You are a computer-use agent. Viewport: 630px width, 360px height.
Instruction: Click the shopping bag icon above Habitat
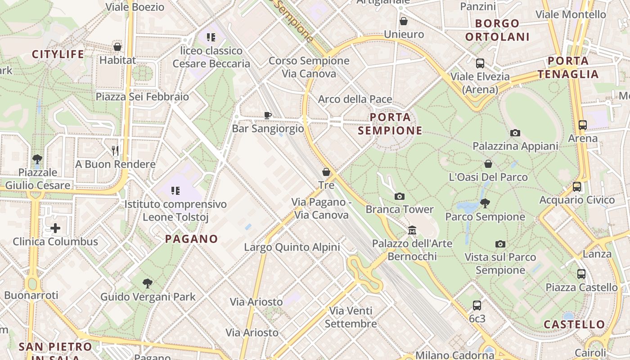[117, 46]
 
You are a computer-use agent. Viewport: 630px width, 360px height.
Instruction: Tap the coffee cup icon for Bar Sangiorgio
[268, 115]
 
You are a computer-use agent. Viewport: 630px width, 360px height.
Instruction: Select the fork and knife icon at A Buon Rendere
[115, 150]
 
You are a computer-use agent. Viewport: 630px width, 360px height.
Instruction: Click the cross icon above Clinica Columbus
[55, 228]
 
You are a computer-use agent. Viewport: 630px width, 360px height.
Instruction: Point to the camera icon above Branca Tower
[399, 196]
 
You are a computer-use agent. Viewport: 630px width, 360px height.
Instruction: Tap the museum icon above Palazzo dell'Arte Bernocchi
[412, 230]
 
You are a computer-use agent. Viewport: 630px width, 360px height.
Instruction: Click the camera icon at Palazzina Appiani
[515, 133]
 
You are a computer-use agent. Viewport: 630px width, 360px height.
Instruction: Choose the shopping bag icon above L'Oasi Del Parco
[488, 164]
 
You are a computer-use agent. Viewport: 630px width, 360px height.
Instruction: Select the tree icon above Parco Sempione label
[485, 203]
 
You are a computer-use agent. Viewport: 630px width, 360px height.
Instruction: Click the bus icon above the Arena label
[583, 125]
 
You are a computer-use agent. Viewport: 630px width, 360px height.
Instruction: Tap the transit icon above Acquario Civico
[577, 186]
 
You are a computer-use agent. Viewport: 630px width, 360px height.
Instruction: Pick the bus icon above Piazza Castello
[581, 274]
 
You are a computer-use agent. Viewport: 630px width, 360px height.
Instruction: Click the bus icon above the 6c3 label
[477, 306]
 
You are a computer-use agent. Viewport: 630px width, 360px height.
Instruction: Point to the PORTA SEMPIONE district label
[390, 124]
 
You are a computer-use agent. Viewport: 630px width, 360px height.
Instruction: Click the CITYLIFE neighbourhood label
[58, 54]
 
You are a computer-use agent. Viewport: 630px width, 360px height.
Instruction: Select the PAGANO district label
[191, 239]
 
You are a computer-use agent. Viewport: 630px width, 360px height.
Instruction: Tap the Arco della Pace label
[355, 99]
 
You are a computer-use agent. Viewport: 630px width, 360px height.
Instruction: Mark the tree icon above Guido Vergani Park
[147, 283]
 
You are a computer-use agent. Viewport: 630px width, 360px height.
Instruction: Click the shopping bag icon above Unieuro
[404, 21]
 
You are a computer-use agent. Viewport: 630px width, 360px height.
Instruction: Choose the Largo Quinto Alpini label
[292, 247]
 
